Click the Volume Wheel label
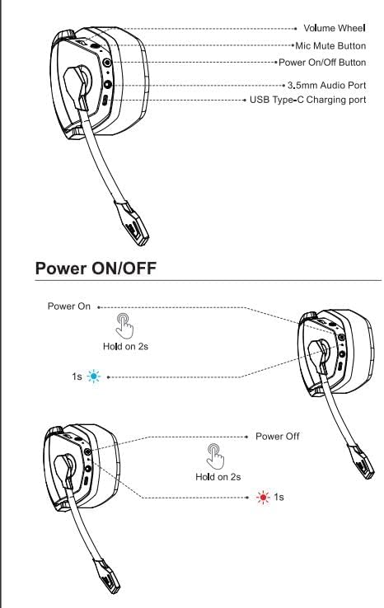[335, 28]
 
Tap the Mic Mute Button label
[330, 46]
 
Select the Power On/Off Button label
[322, 63]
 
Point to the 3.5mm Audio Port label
[326, 85]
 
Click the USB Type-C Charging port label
[307, 100]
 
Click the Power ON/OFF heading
[96, 268]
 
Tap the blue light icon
[93, 376]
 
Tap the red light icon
[263, 497]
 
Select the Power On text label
[69, 306]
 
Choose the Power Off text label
[278, 436]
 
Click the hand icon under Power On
[125, 325]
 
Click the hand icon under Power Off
[216, 456]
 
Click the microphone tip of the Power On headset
[362, 462]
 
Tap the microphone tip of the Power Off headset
[107, 576]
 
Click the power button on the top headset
[107, 63]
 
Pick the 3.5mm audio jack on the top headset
[107, 84]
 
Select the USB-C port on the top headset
[105, 100]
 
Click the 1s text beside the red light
[279, 497]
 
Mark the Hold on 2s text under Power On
[126, 346]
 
